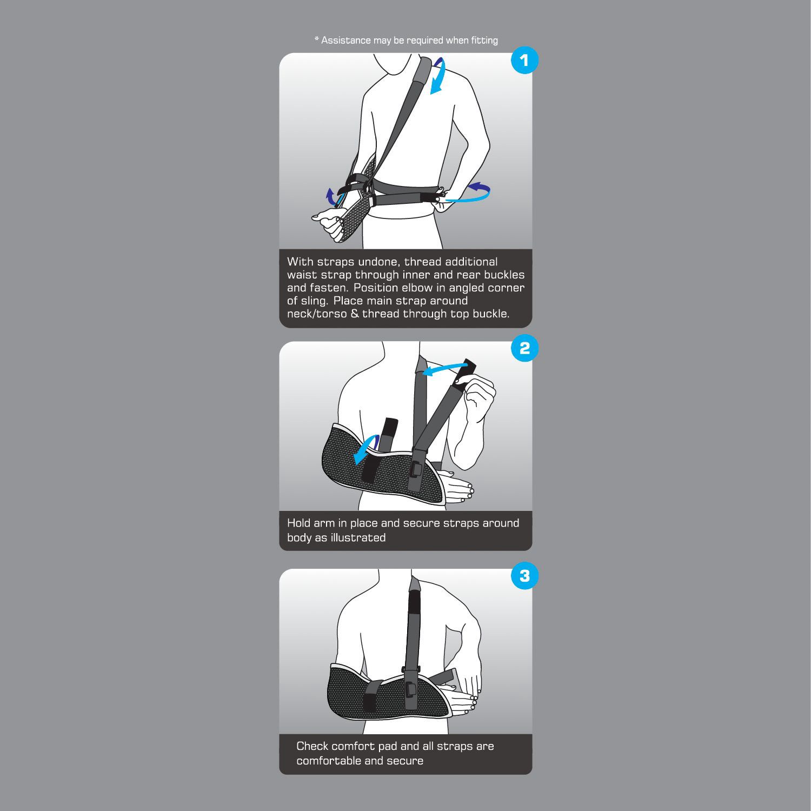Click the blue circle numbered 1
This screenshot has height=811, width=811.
coord(524,61)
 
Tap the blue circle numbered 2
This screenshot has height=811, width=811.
coord(524,349)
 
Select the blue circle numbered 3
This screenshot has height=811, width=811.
coord(524,576)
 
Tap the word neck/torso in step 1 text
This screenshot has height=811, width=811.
coord(317,314)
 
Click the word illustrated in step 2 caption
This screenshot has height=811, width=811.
coord(360,538)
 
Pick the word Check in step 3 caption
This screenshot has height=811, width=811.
coord(312,746)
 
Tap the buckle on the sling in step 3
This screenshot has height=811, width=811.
coord(410,689)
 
